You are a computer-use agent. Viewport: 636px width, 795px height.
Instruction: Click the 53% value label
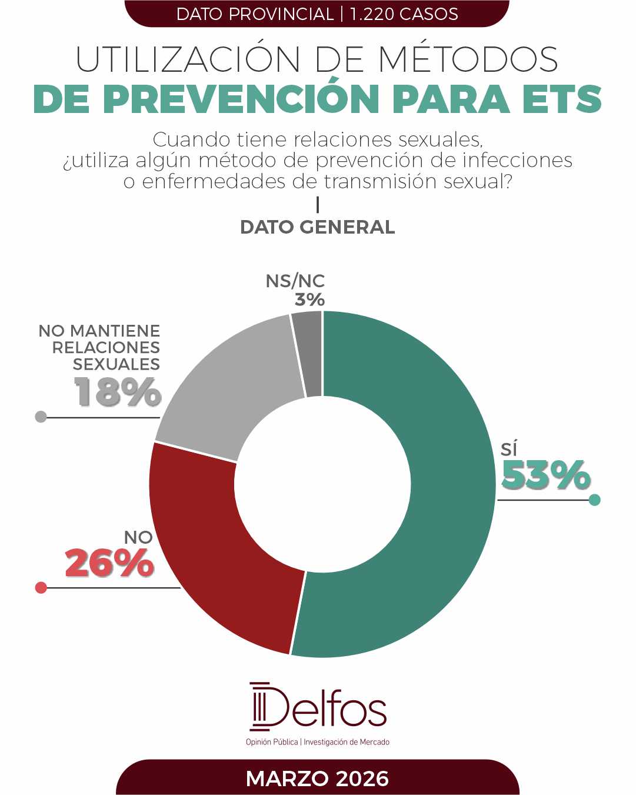[x=545, y=475]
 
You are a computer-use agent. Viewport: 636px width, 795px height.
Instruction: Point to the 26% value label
[x=109, y=564]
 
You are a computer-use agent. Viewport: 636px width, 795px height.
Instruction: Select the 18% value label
[x=118, y=392]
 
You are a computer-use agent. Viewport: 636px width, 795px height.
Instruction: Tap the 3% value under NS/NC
[x=309, y=300]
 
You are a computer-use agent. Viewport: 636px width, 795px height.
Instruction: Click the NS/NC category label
[x=295, y=281]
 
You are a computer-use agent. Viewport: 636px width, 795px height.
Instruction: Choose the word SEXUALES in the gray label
[x=116, y=364]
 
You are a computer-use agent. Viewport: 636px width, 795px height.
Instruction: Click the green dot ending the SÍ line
[x=595, y=500]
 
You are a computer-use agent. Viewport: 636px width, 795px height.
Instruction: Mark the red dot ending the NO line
[x=41, y=588]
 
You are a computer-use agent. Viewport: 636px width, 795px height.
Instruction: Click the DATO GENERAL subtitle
[x=318, y=227]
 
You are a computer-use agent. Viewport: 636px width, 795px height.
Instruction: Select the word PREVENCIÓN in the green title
[x=241, y=99]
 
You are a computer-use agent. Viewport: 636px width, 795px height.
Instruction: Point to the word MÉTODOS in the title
[x=468, y=59]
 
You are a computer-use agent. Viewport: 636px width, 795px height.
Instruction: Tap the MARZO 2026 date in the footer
[x=318, y=779]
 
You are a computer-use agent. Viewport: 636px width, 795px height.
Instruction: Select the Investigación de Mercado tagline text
[x=347, y=742]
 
